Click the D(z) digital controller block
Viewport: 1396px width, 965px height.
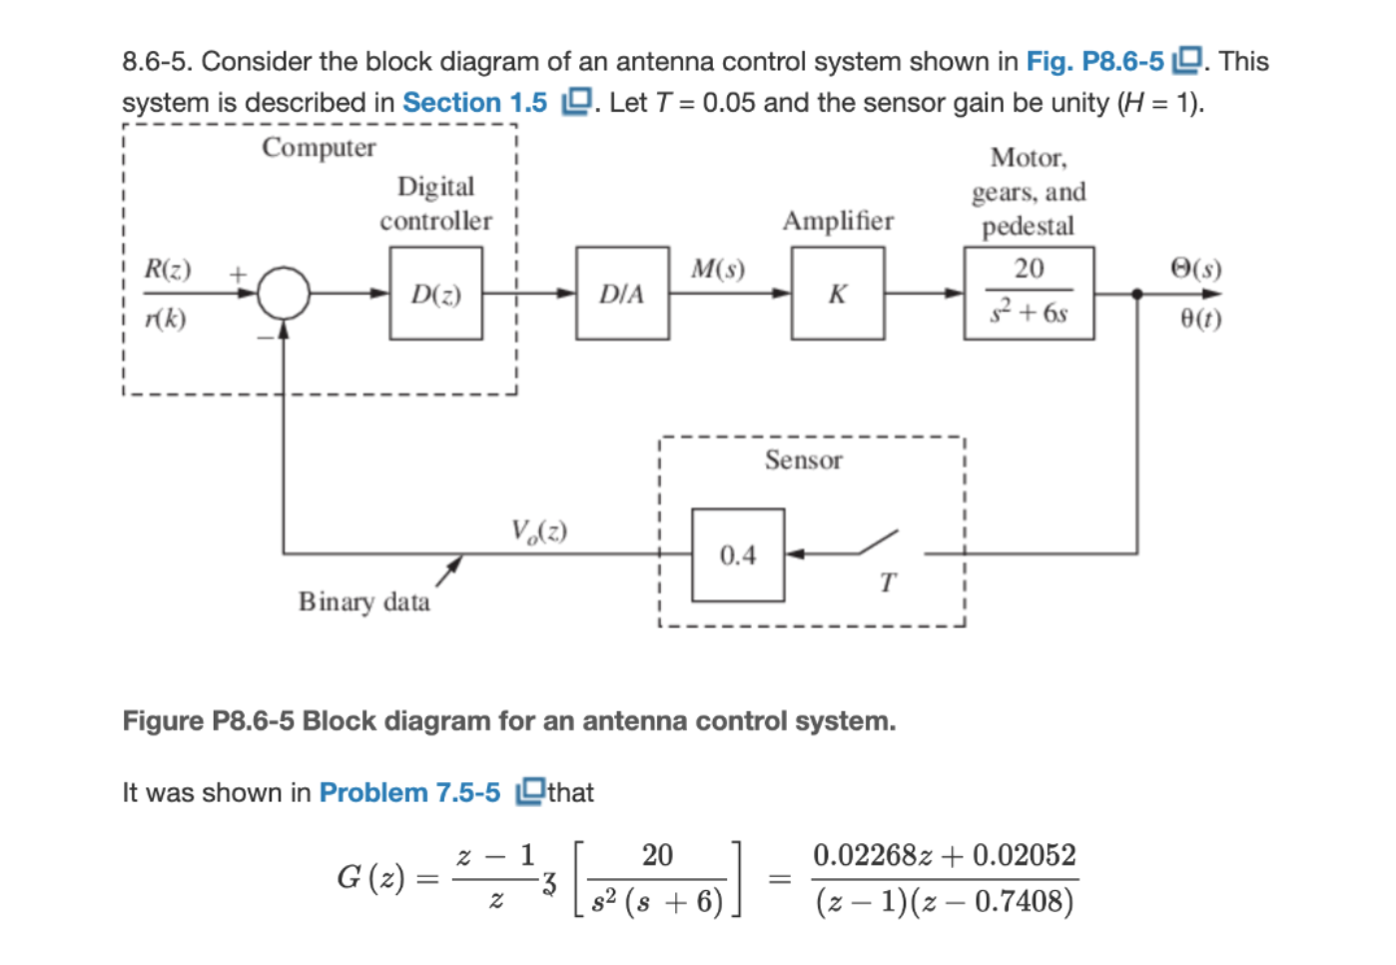435,294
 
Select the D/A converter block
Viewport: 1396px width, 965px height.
622,294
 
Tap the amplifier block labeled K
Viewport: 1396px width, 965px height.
837,294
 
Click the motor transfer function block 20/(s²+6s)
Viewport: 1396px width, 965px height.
1029,294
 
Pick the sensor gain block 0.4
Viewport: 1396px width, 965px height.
738,555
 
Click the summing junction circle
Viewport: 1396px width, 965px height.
284,294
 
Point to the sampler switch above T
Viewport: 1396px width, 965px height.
879,543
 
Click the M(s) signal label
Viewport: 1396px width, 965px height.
718,269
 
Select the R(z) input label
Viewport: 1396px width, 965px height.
168,269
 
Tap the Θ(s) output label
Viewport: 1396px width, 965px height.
1195,269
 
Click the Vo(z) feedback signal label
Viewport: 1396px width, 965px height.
539,530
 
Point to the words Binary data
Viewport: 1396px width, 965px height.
364,601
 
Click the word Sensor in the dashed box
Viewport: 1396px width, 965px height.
804,461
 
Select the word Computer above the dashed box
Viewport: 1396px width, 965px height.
319,148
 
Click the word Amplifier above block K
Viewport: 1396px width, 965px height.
838,221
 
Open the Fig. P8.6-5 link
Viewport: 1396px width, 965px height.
1095,62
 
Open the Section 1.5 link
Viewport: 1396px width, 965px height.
475,103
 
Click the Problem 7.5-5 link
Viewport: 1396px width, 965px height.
409,793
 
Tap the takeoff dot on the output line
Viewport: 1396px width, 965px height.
1137,294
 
